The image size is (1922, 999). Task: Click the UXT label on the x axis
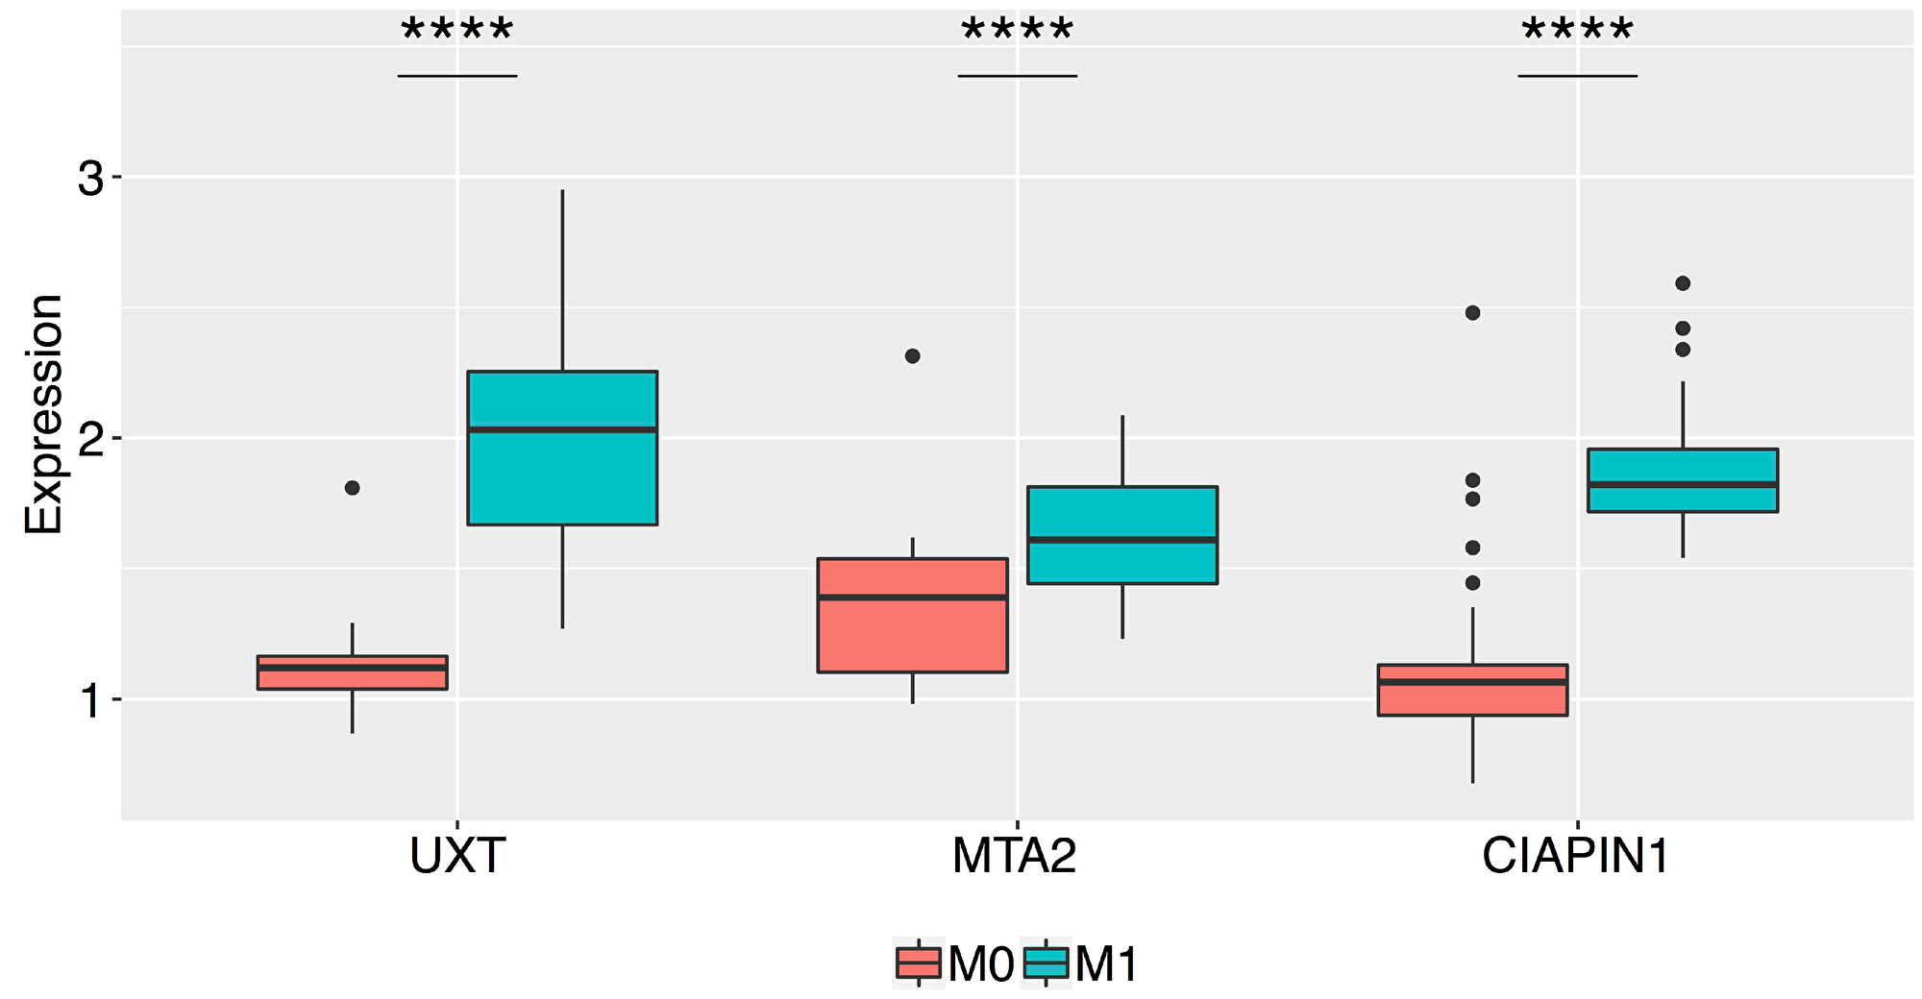tap(456, 857)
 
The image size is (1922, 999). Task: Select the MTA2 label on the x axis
tap(1014, 857)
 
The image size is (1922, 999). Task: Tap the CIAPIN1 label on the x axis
tap(1576, 857)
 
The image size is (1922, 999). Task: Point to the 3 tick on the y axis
tap(89, 179)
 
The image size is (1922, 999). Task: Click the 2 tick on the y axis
tap(89, 439)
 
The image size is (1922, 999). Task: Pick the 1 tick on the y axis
tap(89, 700)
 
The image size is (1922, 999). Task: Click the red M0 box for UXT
tap(352, 672)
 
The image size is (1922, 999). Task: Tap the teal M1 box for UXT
tap(562, 448)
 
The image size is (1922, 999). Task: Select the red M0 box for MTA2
tap(912, 615)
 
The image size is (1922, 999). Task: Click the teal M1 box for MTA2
tap(1122, 535)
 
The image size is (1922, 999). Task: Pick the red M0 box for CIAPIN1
tap(1472, 690)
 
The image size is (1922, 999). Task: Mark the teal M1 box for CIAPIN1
tap(1683, 480)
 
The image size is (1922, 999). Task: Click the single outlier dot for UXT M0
tap(352, 488)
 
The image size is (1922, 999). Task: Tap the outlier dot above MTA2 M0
tap(912, 356)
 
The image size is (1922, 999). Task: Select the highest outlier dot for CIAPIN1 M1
tap(1683, 283)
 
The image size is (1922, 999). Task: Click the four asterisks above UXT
tap(457, 32)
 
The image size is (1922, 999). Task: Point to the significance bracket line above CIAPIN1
tap(1577, 76)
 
